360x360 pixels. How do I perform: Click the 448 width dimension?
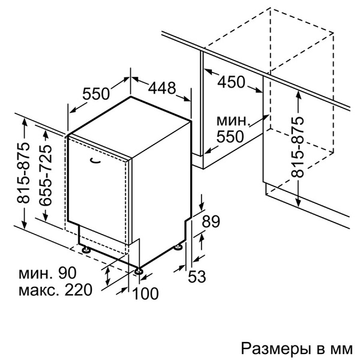(162, 88)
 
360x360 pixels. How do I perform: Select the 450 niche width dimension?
(231, 82)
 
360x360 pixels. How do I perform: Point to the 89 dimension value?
(211, 221)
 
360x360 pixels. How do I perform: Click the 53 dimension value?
(197, 276)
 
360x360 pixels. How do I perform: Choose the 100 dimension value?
(146, 293)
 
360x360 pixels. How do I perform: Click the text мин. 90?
(47, 273)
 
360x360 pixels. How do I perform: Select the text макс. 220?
(55, 290)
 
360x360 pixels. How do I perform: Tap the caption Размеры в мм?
(296, 349)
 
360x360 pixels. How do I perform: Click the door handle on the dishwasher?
(95, 161)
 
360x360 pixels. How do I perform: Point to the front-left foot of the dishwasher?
(86, 250)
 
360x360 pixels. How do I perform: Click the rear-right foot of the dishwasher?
(178, 247)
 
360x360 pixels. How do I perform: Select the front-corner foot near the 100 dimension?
(139, 271)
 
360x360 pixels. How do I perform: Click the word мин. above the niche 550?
(233, 121)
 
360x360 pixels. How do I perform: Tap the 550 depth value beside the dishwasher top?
(96, 94)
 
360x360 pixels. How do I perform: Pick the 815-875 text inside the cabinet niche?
(297, 147)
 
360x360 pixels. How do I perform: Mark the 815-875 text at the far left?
(23, 173)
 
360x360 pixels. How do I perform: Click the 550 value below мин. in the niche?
(230, 137)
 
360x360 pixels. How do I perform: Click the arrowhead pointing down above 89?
(202, 206)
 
